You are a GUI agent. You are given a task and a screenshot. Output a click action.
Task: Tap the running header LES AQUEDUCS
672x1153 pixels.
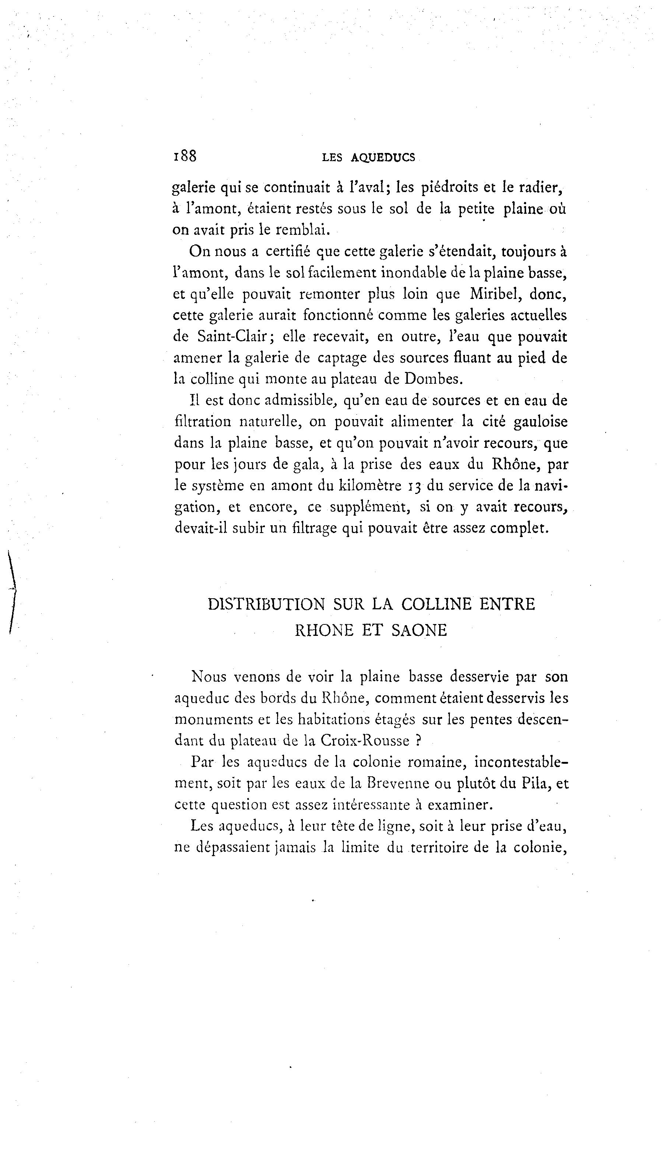(x=369, y=158)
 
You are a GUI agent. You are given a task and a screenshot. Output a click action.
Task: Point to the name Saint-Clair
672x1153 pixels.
(x=232, y=337)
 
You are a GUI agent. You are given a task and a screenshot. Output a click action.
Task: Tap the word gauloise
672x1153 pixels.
(x=540, y=421)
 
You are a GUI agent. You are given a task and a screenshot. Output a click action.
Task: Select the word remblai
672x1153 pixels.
(x=302, y=230)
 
